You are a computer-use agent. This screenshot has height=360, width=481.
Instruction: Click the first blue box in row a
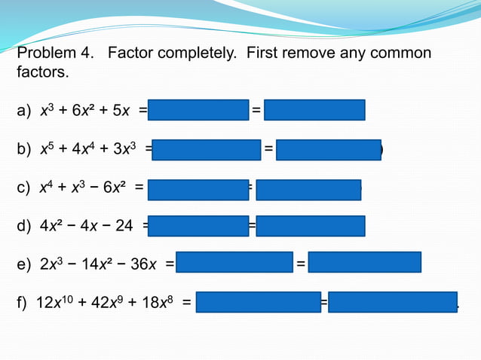click(198, 111)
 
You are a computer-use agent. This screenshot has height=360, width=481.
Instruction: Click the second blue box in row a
click(314, 111)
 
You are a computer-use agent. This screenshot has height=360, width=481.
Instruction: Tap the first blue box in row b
click(206, 150)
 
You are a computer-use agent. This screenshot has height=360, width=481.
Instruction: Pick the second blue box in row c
click(308, 188)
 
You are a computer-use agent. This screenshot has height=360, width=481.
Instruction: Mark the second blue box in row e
click(364, 262)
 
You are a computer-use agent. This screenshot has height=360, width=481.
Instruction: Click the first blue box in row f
click(258, 302)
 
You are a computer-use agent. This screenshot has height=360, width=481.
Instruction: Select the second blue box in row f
click(392, 302)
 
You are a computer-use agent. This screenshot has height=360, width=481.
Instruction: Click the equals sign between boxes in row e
click(300, 264)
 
